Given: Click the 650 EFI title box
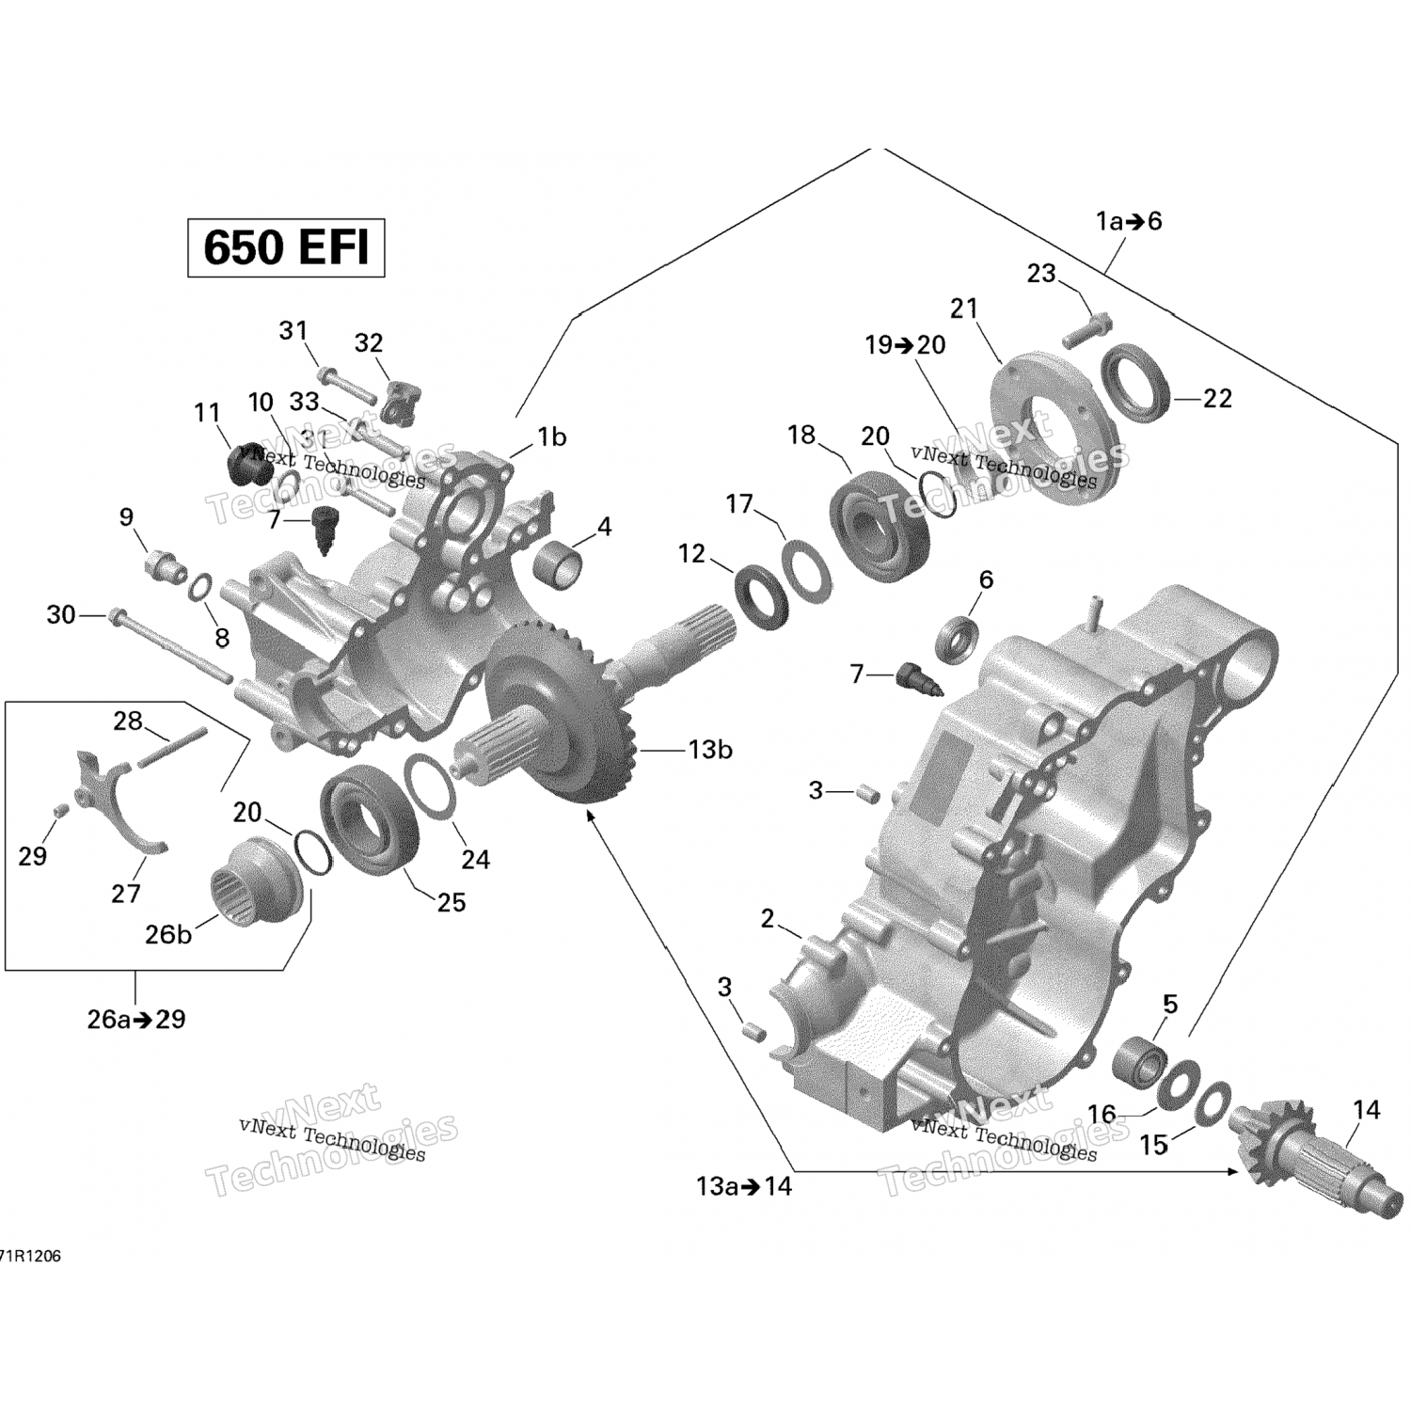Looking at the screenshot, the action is pyautogui.click(x=286, y=247).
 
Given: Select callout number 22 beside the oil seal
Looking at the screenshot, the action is pyautogui.click(x=1217, y=399).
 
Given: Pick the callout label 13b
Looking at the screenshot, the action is pyautogui.click(x=710, y=751).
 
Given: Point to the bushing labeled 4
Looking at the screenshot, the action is pyautogui.click(x=559, y=562).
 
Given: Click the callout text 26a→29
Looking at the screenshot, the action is pyautogui.click(x=136, y=1019).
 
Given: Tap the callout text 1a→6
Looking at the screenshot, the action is pyautogui.click(x=1129, y=222).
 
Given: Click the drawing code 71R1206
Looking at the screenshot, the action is pyautogui.click(x=30, y=1257).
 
